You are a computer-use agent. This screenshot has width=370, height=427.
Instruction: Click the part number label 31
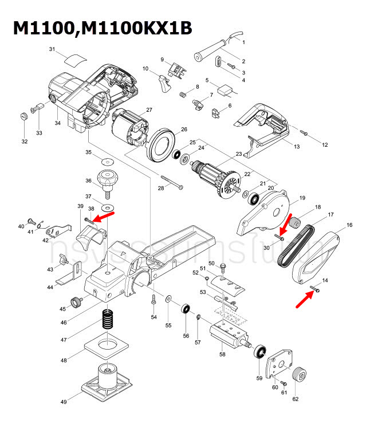coord(53,50)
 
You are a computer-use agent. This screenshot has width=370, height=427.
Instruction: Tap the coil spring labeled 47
coord(108,319)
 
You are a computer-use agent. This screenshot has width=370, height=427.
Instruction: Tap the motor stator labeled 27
coord(129,128)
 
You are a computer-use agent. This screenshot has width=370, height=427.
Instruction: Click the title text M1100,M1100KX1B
coord(103,28)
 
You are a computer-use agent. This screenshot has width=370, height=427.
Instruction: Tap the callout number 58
coord(222,354)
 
